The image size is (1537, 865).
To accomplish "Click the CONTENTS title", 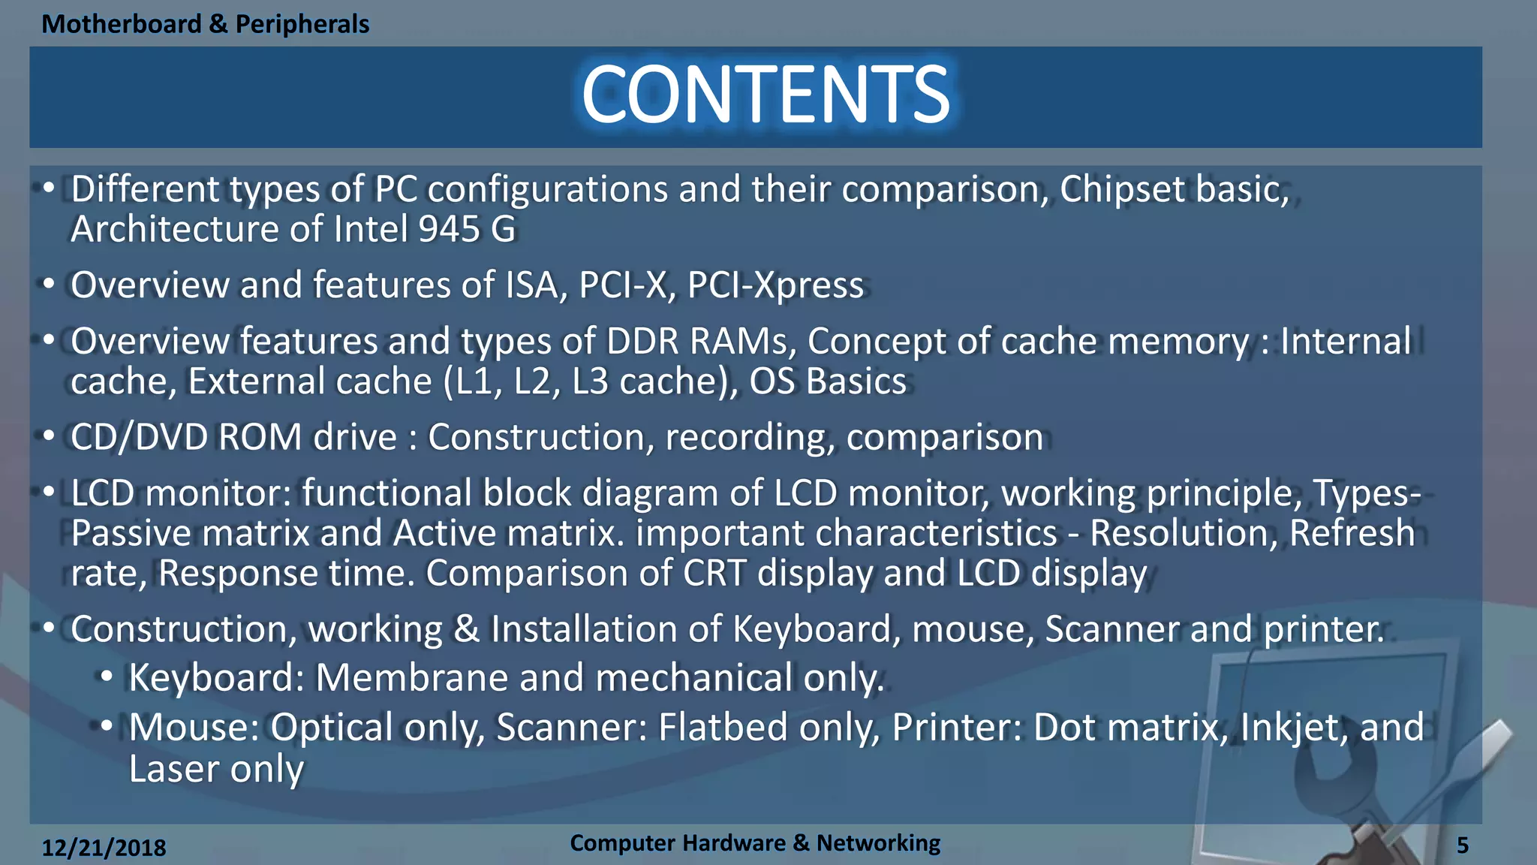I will (765, 95).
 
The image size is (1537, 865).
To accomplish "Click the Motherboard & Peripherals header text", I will (205, 24).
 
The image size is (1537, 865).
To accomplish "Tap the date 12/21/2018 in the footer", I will (104, 848).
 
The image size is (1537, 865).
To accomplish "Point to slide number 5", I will (1462, 845).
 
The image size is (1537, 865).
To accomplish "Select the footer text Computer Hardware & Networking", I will (754, 843).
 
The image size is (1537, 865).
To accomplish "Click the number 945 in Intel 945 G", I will (449, 229).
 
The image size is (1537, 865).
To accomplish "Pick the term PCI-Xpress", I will (775, 285).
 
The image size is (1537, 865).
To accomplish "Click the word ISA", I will (536, 285).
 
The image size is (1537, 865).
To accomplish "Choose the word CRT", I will (714, 574).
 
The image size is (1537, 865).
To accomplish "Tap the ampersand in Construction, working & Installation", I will (466, 629).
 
